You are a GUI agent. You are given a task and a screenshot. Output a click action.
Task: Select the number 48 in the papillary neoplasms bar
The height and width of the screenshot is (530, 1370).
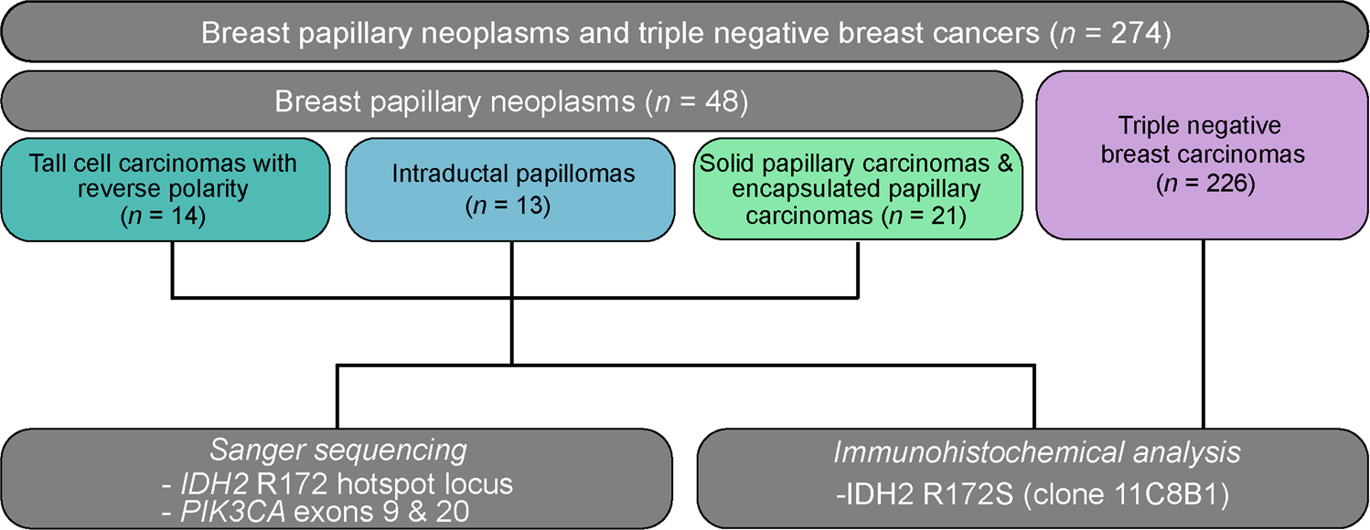(722, 102)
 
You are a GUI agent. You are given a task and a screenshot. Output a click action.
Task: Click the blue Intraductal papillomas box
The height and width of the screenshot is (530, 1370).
(512, 189)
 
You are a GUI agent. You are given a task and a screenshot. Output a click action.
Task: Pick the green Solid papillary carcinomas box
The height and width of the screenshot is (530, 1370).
(858, 189)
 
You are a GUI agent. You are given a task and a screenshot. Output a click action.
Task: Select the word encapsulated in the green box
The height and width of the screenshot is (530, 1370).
(784, 189)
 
